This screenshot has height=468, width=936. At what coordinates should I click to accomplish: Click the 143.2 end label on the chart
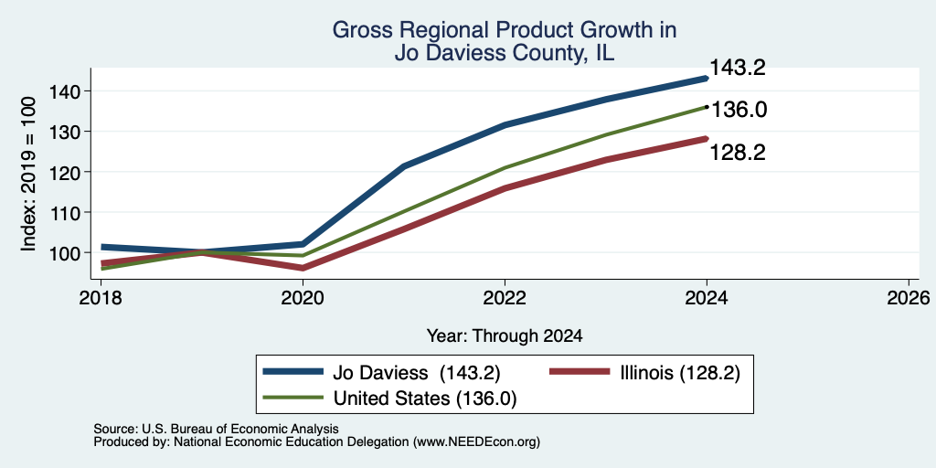click(x=738, y=68)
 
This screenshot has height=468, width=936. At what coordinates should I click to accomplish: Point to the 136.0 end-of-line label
click(x=739, y=110)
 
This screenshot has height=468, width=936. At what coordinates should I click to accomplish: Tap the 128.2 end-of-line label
click(x=738, y=153)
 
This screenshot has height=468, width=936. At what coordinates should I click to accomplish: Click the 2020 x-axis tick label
click(x=303, y=298)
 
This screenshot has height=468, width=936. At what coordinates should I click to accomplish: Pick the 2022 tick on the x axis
click(x=505, y=298)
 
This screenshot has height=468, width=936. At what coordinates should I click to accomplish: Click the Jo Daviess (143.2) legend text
click(x=416, y=373)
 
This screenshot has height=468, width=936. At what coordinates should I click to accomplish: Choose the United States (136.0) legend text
click(x=425, y=399)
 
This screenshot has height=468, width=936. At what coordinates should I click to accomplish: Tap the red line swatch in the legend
click(x=580, y=372)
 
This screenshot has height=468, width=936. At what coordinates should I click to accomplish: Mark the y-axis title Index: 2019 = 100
click(x=29, y=175)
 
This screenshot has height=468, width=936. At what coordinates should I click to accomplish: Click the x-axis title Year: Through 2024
click(x=505, y=336)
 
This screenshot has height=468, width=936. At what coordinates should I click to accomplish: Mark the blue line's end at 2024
click(x=707, y=79)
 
